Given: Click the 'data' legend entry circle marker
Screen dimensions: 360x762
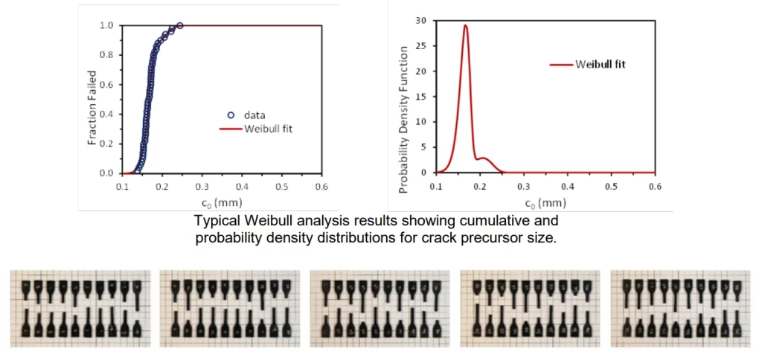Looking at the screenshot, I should [231, 115].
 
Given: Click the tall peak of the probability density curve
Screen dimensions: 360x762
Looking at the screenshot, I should [466, 26].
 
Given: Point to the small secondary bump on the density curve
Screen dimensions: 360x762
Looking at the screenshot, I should [484, 158].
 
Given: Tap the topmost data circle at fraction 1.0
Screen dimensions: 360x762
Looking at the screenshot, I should [180, 25].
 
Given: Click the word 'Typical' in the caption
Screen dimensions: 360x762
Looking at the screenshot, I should [214, 221].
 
